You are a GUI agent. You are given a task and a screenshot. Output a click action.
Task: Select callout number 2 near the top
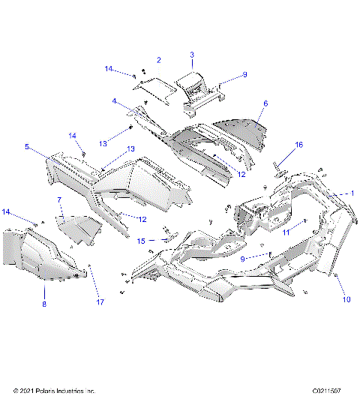pos(158,59)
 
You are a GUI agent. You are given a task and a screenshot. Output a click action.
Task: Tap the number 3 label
pos(191,55)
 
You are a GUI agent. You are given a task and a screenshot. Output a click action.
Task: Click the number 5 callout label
pos(27,148)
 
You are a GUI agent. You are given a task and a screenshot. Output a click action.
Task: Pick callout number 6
pos(265,103)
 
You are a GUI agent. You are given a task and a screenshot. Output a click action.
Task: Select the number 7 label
pos(59,201)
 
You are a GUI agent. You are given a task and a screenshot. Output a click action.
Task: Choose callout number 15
pos(141,241)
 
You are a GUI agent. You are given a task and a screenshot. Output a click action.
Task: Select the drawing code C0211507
pos(327,391)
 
